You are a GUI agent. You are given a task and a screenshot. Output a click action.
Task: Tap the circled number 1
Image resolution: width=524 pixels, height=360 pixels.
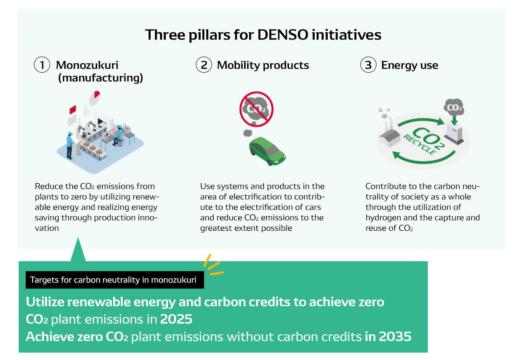pyautogui.click(x=42, y=65)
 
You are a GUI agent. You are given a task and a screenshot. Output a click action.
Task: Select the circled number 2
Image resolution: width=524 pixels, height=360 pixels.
pyautogui.click(x=204, y=65)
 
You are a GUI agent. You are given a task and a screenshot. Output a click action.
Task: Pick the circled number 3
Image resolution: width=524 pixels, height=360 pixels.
pyautogui.click(x=368, y=65)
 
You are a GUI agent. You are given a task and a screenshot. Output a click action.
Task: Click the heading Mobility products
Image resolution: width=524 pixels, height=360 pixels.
pyautogui.click(x=263, y=65)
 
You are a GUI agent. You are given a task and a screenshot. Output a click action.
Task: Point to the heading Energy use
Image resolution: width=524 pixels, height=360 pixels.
pyautogui.click(x=410, y=65)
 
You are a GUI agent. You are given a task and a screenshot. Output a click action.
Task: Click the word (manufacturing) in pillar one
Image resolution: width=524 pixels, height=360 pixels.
pyautogui.click(x=101, y=78)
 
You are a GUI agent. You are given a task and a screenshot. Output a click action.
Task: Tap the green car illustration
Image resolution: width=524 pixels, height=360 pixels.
pyautogui.click(x=267, y=151)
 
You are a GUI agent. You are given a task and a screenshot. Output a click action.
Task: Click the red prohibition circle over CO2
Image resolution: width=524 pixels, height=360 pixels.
pyautogui.click(x=256, y=109)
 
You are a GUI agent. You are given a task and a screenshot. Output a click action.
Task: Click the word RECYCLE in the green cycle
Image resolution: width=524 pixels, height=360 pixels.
pyautogui.click(x=420, y=145)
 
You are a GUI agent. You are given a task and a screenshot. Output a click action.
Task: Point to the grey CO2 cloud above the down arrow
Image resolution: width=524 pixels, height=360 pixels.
pyautogui.click(x=454, y=107)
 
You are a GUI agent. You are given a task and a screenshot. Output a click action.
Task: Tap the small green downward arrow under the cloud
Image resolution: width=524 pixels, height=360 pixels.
pyautogui.click(x=454, y=121)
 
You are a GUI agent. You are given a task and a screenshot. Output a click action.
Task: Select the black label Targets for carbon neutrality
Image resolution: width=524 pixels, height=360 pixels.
pyautogui.click(x=114, y=280)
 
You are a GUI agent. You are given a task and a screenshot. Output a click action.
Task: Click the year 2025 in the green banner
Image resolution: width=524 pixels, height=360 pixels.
pyautogui.click(x=176, y=319)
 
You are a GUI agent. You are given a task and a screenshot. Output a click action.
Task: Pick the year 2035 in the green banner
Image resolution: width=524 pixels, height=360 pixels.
pyautogui.click(x=395, y=336)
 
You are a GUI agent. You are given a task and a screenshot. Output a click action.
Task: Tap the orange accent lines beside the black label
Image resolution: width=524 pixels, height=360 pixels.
pyautogui.click(x=213, y=265)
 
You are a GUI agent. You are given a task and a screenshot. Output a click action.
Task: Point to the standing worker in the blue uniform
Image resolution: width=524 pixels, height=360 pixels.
pyautogui.click(x=70, y=145)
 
